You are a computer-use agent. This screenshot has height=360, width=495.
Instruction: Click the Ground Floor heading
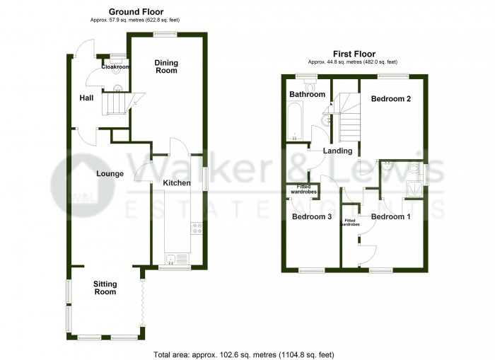[x=136, y=12]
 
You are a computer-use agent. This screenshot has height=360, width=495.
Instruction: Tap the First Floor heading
[x=354, y=54]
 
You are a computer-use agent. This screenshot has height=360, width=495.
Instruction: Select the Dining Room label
[x=166, y=66]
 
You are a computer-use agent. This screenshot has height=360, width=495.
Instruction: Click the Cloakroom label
[x=115, y=67]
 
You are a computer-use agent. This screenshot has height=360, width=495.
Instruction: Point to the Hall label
[x=86, y=98]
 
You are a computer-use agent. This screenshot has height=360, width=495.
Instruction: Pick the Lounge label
[x=110, y=174]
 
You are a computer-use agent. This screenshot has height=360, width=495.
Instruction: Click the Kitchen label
[x=177, y=183]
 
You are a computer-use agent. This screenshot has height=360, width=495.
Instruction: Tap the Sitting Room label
[x=105, y=288]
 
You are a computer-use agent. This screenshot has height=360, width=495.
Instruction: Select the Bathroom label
[x=307, y=94]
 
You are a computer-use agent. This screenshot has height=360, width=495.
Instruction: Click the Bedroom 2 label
[x=391, y=99]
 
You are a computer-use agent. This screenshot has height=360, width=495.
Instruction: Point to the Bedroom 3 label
[x=312, y=216]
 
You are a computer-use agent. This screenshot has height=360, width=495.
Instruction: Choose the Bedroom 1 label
[x=390, y=216]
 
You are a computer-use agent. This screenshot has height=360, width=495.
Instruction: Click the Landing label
[x=337, y=151]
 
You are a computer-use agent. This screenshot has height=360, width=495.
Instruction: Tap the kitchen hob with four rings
[x=197, y=228]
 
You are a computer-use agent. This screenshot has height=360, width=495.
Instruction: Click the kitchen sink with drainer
[x=177, y=260]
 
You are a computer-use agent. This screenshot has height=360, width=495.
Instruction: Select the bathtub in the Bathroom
[x=295, y=121]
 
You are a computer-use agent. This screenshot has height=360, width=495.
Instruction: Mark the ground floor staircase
[x=122, y=103]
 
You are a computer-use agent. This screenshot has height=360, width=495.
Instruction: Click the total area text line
[x=244, y=354]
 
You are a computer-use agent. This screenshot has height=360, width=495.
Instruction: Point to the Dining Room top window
[x=165, y=35]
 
